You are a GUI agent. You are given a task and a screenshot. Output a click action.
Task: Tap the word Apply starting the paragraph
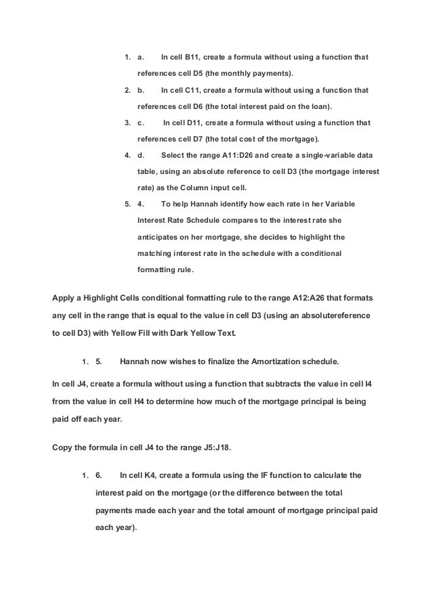click(x=64, y=298)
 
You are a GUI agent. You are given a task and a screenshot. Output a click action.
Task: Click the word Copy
click(x=64, y=447)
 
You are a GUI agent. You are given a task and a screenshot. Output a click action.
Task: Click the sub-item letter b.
click(x=140, y=90)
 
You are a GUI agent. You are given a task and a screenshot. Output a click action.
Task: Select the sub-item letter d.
click(x=140, y=155)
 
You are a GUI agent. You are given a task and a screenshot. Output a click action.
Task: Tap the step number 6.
click(x=99, y=475)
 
